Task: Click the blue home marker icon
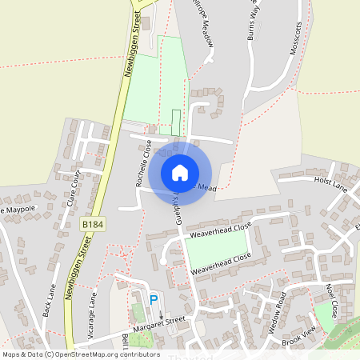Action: [180, 172]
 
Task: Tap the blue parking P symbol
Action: [154, 300]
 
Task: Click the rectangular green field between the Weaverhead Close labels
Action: [216, 248]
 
